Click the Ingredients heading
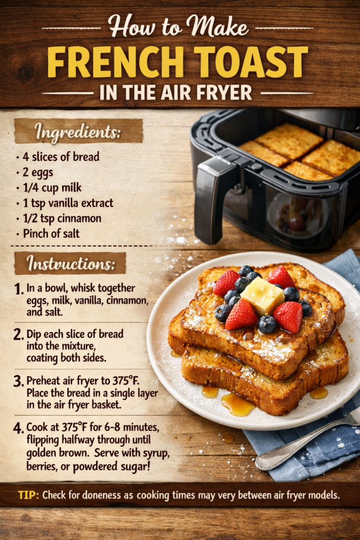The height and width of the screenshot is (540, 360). coord(78,132)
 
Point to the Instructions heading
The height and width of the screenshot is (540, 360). coord(71,264)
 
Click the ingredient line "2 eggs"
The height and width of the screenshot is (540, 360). coord(38,172)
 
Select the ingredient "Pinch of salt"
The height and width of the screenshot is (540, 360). coord(51,234)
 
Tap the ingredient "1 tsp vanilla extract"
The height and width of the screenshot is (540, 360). coord(68,203)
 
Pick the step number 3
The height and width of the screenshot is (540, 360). coord(18,381)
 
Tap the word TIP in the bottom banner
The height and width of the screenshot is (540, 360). coord(28,495)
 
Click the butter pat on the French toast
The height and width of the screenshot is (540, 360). coord(262,296)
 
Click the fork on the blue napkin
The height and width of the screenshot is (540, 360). coord(306,442)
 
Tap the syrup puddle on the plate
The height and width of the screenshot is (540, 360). coord(238,403)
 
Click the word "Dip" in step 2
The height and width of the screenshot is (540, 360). coord(33,334)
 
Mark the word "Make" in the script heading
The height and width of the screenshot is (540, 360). coord(217,27)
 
